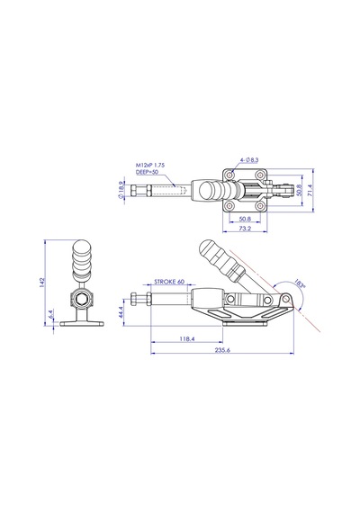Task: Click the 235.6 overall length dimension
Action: tap(222, 350)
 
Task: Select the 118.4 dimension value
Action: tap(187, 339)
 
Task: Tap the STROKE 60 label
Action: tap(169, 282)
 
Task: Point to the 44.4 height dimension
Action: tap(120, 311)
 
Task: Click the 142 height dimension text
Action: tap(42, 283)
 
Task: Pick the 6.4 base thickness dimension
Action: tap(51, 314)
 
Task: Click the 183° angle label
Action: tap(300, 283)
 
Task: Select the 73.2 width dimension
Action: tap(245, 228)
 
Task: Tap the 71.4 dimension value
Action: tap(310, 190)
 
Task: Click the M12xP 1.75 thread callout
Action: tap(150, 166)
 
